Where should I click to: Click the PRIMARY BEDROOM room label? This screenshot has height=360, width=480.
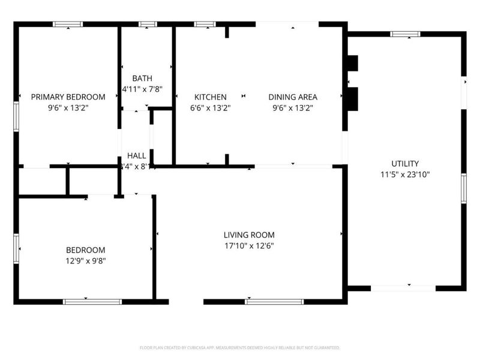[x=68, y=97]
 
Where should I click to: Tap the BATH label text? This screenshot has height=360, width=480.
[x=142, y=78]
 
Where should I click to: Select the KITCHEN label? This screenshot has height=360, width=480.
[x=210, y=97]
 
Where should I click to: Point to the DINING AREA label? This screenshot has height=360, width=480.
[x=292, y=97]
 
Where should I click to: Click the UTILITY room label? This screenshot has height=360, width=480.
[x=405, y=163]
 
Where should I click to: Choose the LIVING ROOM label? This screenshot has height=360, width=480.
[x=249, y=235]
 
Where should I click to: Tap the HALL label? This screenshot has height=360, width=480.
[x=137, y=155]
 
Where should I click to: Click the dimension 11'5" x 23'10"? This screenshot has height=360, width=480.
[x=405, y=175]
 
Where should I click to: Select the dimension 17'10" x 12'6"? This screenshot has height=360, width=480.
[x=249, y=245]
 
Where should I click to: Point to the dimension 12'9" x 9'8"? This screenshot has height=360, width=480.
[x=85, y=260]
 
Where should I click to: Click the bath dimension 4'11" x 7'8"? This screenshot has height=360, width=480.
[x=142, y=89]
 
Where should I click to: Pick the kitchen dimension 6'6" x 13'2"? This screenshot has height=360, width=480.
[x=210, y=108]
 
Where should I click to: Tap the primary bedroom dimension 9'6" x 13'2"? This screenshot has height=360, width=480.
[x=68, y=108]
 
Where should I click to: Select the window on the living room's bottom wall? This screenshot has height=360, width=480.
[x=274, y=301]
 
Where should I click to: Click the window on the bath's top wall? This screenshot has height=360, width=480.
[x=147, y=25]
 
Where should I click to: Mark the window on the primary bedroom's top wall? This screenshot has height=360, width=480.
[x=68, y=25]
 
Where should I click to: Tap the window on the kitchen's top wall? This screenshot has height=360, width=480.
[x=205, y=25]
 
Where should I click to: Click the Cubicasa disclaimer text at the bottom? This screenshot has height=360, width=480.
[x=240, y=347]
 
